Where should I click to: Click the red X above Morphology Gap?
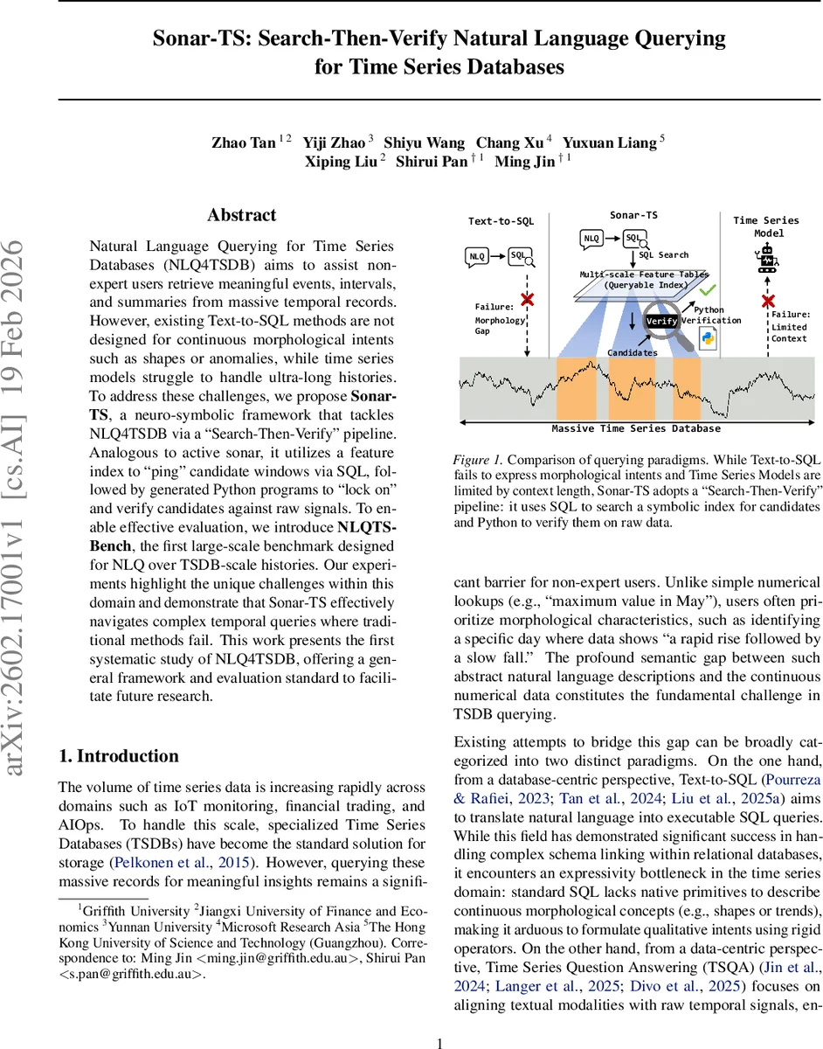click(x=528, y=301)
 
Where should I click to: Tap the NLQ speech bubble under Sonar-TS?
click(x=591, y=238)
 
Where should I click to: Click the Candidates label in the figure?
click(x=632, y=351)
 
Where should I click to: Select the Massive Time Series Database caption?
click(x=636, y=428)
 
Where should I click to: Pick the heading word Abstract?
click(x=241, y=215)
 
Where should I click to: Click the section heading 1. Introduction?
click(x=118, y=756)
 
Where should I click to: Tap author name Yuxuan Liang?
click(x=610, y=142)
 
